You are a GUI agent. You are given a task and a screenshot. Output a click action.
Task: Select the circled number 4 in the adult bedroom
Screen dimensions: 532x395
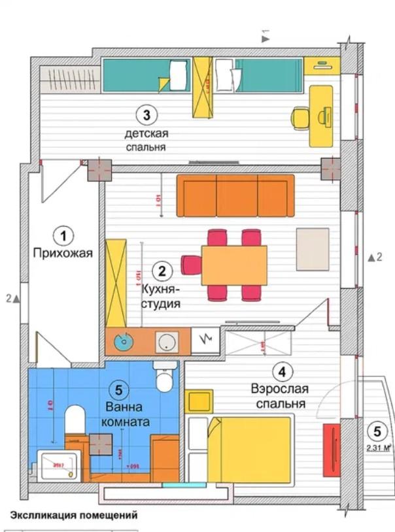(x=281, y=373)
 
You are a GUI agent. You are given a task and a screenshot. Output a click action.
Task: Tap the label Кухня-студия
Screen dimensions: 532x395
(x=161, y=295)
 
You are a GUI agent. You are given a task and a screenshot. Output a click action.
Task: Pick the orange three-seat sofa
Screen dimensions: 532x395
(x=235, y=195)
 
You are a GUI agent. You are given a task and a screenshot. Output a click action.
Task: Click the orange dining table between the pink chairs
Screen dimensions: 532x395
(x=234, y=265)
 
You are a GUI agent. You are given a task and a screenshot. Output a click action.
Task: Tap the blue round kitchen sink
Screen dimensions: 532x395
(x=122, y=341)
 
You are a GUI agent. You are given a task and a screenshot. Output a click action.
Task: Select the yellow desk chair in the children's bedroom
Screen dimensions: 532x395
(x=300, y=118)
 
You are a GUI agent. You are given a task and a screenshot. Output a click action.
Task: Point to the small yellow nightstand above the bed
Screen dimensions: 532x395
(x=198, y=400)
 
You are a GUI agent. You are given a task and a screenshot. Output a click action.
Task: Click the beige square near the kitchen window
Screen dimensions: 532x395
(x=313, y=248)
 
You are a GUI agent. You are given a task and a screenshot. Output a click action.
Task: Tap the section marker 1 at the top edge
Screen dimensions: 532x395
(x=265, y=36)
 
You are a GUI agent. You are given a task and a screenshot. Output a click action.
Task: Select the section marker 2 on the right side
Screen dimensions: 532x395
(x=374, y=257)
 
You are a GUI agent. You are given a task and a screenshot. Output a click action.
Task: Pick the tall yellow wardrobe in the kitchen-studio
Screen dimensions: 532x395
(x=116, y=282)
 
